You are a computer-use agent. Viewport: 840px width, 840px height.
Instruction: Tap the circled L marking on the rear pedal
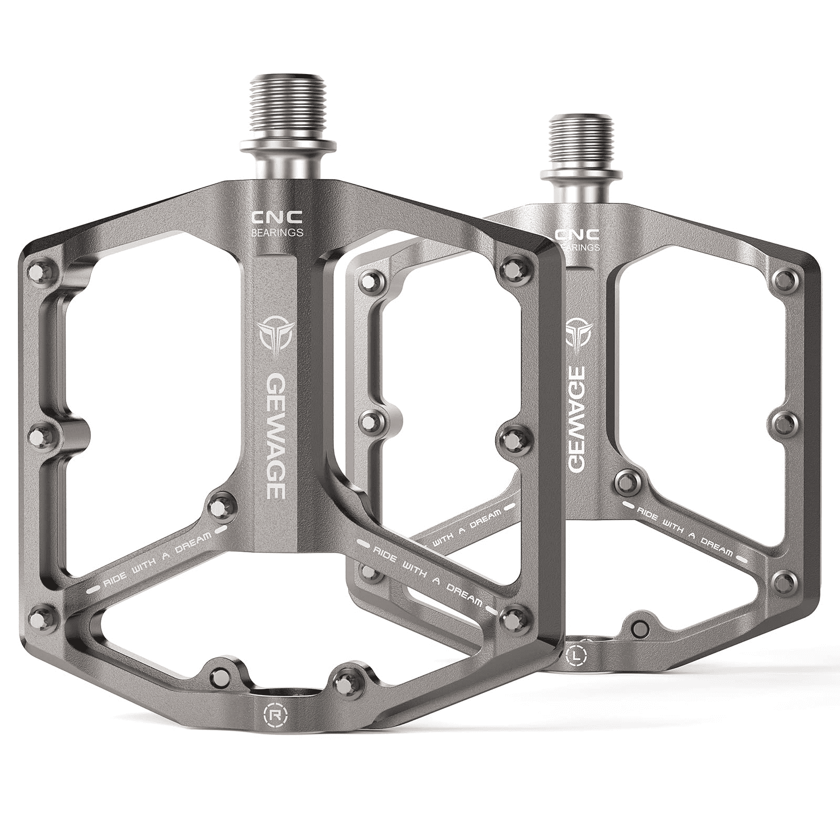(577, 655)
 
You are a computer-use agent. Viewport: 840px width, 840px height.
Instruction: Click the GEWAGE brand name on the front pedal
(275, 435)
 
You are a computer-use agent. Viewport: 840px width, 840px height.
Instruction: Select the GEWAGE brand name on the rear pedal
(577, 418)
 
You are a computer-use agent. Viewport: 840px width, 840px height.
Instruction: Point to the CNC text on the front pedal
(276, 216)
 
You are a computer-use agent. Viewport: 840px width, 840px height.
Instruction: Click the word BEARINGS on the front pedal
(277, 232)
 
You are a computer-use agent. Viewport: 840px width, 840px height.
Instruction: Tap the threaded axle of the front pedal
(288, 108)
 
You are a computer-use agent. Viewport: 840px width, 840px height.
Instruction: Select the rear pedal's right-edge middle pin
(786, 423)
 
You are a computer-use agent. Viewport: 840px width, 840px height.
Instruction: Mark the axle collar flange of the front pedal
(288, 145)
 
